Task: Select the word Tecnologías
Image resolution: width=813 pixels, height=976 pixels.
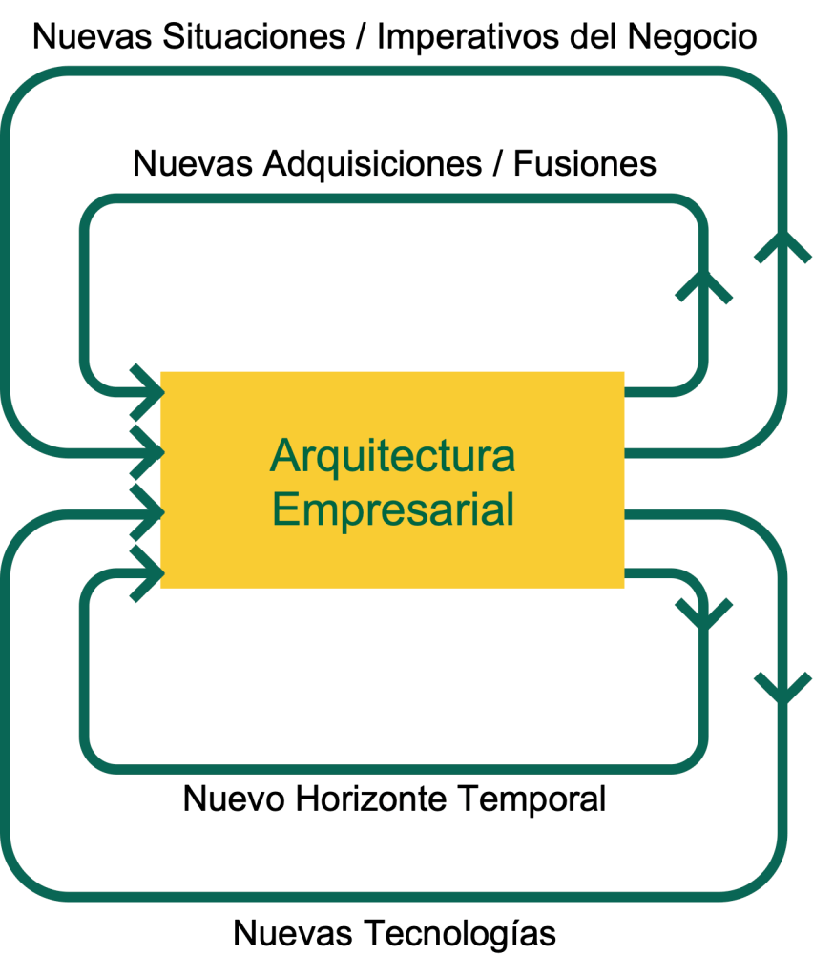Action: tap(458, 933)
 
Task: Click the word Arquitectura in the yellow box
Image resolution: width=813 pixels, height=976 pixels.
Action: tap(392, 455)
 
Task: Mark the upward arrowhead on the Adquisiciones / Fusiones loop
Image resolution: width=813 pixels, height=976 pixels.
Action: tap(706, 282)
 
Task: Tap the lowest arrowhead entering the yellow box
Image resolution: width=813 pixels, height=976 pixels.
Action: tap(148, 573)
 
